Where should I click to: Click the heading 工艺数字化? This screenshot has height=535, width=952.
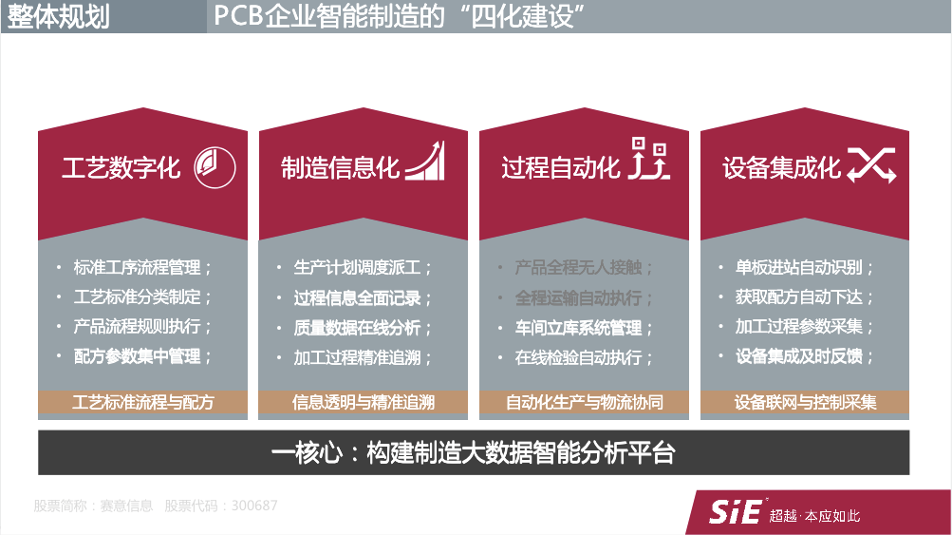[x=121, y=168]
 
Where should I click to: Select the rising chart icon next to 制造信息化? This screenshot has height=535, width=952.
[x=424, y=162]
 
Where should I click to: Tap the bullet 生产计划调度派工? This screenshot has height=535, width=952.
[x=358, y=267]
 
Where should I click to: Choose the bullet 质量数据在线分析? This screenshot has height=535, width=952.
[x=358, y=328]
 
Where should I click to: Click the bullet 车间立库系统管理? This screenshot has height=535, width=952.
[x=578, y=328]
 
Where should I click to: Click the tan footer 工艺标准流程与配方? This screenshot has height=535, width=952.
[x=143, y=402]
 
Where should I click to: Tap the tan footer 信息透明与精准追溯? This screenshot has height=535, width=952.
[x=364, y=402]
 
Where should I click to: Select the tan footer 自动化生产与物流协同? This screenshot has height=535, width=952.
[x=585, y=402]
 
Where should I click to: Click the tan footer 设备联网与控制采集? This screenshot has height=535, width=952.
[x=805, y=402]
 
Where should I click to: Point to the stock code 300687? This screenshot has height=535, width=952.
[x=254, y=506]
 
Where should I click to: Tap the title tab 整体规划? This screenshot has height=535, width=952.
[x=59, y=16]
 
